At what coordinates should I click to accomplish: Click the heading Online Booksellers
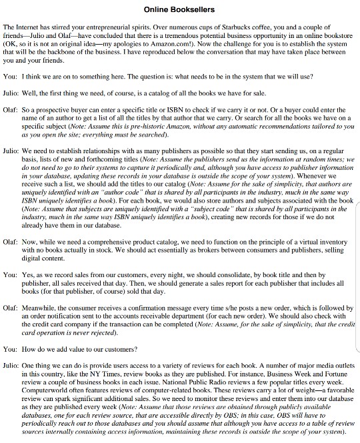179,9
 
